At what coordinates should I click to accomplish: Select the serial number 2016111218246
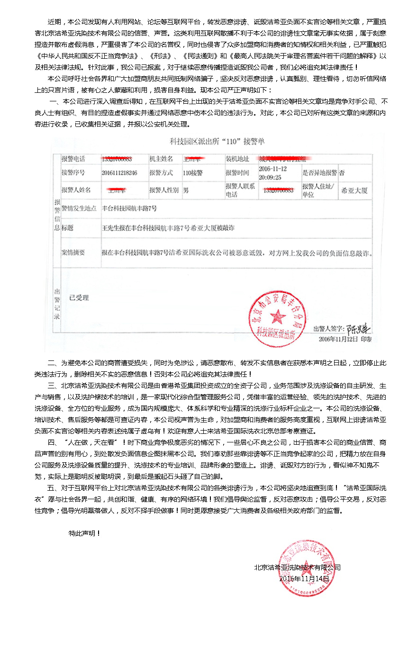pos(119,173)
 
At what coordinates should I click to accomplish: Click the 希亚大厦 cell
pos(354,191)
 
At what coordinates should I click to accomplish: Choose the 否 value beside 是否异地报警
pos(342,173)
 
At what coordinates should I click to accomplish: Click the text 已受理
pos(79,298)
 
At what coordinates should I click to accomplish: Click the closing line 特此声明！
pos(84,533)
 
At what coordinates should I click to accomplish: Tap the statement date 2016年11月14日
pos(304,578)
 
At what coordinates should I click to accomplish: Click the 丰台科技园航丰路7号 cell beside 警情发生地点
pos(129,208)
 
